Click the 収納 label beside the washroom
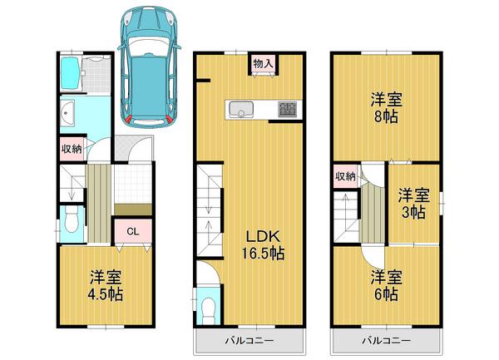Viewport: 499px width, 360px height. click(71, 149)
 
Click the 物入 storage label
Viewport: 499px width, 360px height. click(263, 63)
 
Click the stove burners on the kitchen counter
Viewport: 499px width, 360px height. click(287, 109)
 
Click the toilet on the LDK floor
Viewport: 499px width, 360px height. click(206, 307)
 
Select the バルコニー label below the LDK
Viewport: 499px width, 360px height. click(249, 341)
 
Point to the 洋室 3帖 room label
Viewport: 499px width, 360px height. click(413, 203)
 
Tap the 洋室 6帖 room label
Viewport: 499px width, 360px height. click(385, 285)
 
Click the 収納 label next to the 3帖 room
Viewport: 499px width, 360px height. click(345, 176)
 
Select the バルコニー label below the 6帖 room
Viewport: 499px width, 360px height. click(384, 341)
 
